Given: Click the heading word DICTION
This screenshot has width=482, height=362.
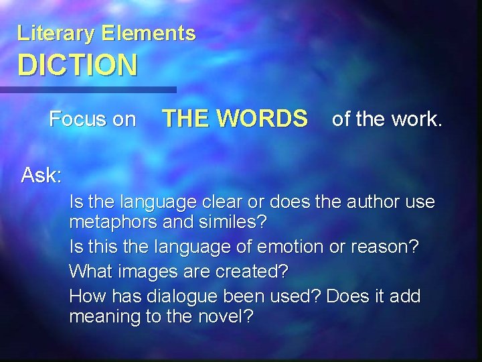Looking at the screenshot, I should (x=78, y=66).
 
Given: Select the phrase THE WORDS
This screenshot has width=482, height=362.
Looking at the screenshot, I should (x=235, y=119).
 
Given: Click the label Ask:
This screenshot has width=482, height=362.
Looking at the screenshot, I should (x=42, y=176).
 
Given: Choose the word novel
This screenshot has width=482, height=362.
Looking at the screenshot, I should (x=222, y=316).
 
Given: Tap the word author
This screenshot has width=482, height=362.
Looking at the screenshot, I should (x=368, y=201).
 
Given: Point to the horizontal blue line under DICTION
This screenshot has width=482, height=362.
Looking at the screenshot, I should (x=87, y=89).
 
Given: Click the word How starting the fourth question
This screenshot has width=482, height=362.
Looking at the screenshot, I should (x=86, y=296).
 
